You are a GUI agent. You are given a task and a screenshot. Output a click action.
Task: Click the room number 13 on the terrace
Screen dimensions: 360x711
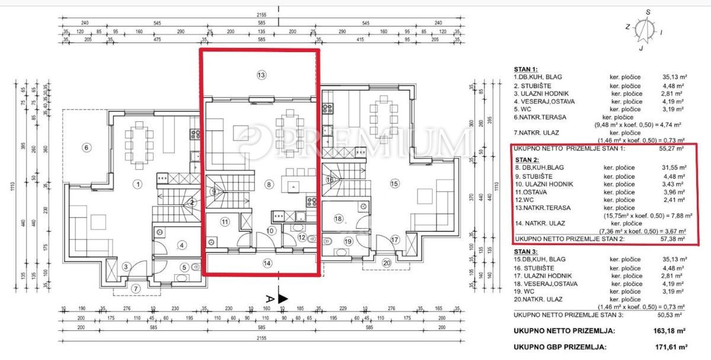click(261, 75)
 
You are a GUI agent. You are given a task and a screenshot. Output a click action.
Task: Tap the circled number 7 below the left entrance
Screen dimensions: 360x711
click(135, 289)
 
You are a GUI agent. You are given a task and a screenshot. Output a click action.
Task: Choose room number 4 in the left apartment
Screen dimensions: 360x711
click(182, 245)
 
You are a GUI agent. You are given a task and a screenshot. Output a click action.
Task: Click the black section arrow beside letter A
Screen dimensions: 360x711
click(283, 299)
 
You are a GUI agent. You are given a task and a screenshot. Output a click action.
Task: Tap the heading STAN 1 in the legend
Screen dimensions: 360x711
click(526, 69)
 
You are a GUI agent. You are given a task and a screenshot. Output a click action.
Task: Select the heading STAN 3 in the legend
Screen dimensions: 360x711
click(526, 251)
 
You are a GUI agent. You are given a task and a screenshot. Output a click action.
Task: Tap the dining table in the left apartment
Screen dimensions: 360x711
click(139, 142)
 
